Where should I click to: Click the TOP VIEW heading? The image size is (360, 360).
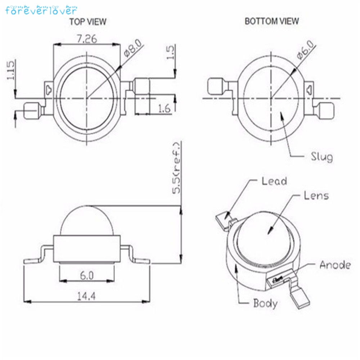point(88,22)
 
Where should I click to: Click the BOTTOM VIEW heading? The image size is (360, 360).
point(271,21)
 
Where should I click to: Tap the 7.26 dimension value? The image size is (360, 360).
point(87,39)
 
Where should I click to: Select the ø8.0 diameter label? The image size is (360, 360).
point(133,48)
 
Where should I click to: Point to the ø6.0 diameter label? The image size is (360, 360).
point(305,50)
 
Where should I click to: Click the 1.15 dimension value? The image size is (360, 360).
point(11,70)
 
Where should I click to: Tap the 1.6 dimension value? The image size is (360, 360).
point(165,108)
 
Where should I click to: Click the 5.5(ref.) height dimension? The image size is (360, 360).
point(176,168)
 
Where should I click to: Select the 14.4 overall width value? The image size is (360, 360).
point(86,296)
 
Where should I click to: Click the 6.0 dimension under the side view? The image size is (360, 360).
point(87,275)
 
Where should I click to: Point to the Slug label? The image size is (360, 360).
point(322,157)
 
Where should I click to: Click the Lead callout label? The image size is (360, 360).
point(274,181)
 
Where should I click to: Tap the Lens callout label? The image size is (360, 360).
point(316,196)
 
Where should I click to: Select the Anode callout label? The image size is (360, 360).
point(335,265)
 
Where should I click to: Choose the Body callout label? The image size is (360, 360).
point(265,303)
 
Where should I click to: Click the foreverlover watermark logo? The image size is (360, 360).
point(41,10)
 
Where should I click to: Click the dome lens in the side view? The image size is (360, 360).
point(87,221)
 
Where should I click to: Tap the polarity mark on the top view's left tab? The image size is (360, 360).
point(49,90)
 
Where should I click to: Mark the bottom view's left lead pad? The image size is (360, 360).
point(215,86)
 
